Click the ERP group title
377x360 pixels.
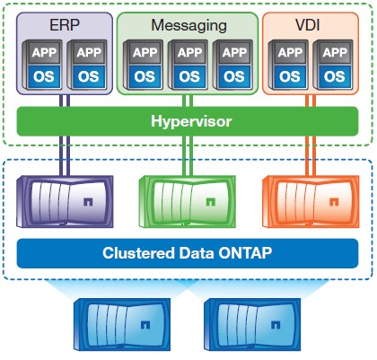point(65,25)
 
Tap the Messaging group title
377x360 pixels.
point(188,26)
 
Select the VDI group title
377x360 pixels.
point(308,25)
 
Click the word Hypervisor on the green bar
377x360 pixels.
point(191,121)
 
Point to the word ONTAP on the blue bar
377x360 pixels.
point(245,253)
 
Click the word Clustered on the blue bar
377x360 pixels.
point(138,253)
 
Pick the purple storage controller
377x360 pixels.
point(65,201)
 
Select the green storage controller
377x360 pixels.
point(188,201)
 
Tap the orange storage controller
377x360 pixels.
point(311,201)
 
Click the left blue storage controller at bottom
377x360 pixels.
point(122,324)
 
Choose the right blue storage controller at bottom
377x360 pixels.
point(252,324)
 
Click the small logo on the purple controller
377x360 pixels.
point(88,202)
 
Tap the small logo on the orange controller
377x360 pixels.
point(334,202)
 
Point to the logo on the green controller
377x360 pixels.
point(211,202)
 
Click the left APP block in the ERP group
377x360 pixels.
point(44,53)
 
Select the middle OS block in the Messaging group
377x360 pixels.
point(189,77)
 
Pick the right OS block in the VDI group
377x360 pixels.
point(335,77)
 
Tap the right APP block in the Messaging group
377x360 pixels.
point(234,53)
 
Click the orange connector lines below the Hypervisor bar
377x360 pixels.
point(311,156)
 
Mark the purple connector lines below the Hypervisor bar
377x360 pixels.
point(65,156)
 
